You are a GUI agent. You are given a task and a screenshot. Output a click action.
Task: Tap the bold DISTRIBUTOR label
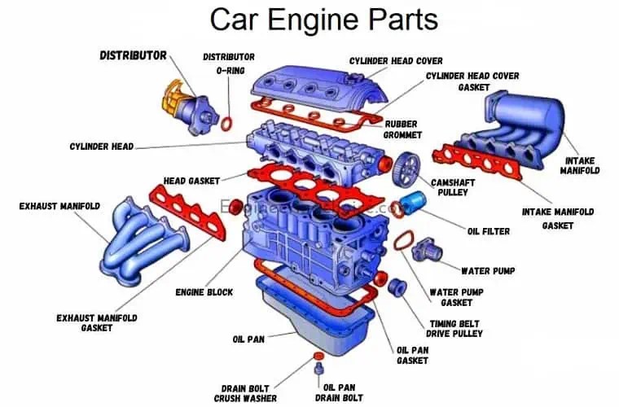pyautogui.click(x=133, y=56)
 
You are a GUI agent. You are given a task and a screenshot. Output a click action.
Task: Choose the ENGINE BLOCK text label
pyautogui.click(x=204, y=292)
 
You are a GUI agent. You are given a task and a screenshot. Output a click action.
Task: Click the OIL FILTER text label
pyautogui.click(x=489, y=231)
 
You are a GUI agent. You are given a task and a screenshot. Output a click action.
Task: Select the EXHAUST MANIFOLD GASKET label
pyautogui.click(x=96, y=322)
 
